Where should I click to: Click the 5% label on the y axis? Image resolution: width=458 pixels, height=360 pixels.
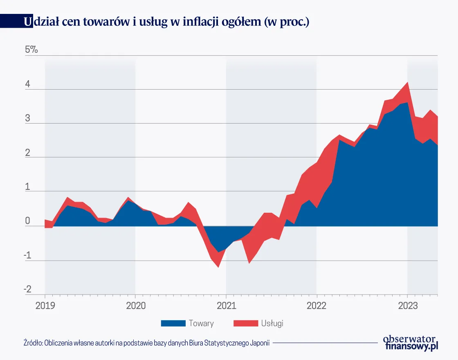[31, 50]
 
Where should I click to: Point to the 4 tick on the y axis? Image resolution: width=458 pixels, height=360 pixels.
[27, 84]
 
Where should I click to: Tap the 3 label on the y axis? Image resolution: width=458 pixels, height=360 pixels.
[27, 119]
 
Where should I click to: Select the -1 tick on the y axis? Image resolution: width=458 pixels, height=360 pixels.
[27, 255]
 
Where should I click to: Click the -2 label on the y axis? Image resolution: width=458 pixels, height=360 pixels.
[27, 289]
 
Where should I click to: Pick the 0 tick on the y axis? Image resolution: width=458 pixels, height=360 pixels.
[27, 221]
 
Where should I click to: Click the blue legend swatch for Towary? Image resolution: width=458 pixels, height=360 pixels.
[173, 323]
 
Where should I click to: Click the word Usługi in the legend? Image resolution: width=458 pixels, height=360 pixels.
[272, 323]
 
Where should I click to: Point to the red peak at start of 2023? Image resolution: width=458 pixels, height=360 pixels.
[407, 83]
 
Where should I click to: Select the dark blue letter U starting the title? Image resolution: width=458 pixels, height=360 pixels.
[28, 22]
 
